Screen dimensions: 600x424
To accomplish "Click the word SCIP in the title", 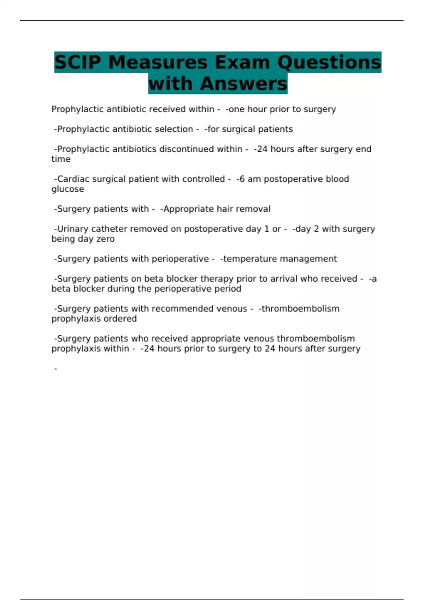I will [78, 62].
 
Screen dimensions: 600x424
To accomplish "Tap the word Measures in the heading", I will [158, 62].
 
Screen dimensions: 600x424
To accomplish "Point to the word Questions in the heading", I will [329, 62].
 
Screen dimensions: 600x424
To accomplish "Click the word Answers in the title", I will [243, 84].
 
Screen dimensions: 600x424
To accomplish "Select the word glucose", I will [68, 190].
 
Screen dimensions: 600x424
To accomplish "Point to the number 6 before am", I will [242, 179].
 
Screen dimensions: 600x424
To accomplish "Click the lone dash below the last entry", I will [55, 369].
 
